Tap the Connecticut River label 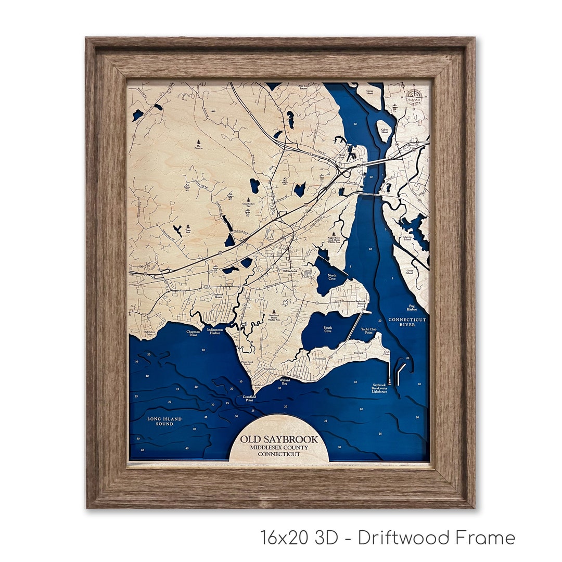pyautogui.click(x=407, y=322)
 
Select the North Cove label pyautogui.click(x=332, y=277)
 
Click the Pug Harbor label pyautogui.click(x=411, y=307)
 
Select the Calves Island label pyautogui.click(x=385, y=131)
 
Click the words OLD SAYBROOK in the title pyautogui.click(x=278, y=439)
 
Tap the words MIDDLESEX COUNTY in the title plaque pyautogui.click(x=278, y=448)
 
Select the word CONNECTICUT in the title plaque pyautogui.click(x=279, y=454)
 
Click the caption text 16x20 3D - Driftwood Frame pyautogui.click(x=387, y=538)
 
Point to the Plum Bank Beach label pyautogui.click(x=244, y=363)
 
